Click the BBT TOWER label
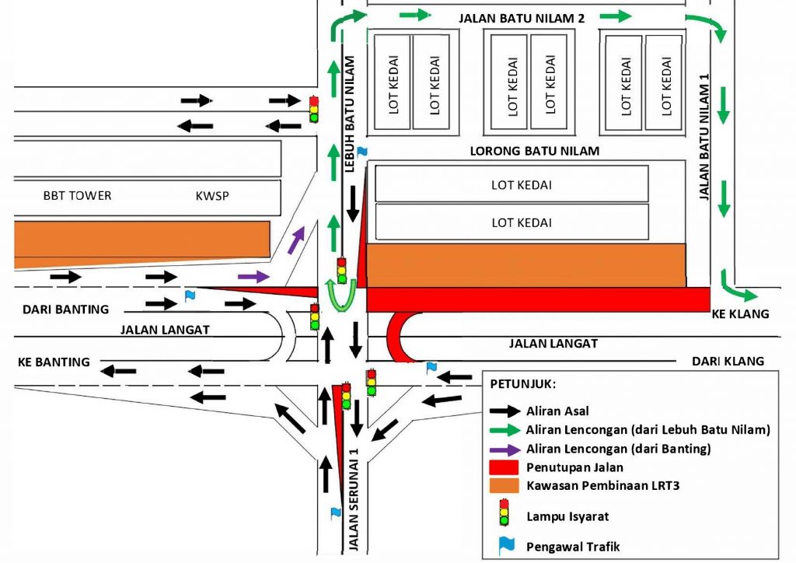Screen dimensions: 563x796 pos(77,195)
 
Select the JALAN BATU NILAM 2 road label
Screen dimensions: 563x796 pos(522,18)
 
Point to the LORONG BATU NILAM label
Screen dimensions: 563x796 pos(535,151)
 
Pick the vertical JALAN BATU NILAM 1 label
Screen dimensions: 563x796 pos(705,137)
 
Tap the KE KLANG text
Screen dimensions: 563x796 pos(739,314)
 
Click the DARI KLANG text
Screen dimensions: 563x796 pos(728,361)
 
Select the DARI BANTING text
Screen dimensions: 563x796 pos(65,309)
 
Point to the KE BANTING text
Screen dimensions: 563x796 pos(54,362)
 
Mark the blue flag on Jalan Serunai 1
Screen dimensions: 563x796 pos(336,512)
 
